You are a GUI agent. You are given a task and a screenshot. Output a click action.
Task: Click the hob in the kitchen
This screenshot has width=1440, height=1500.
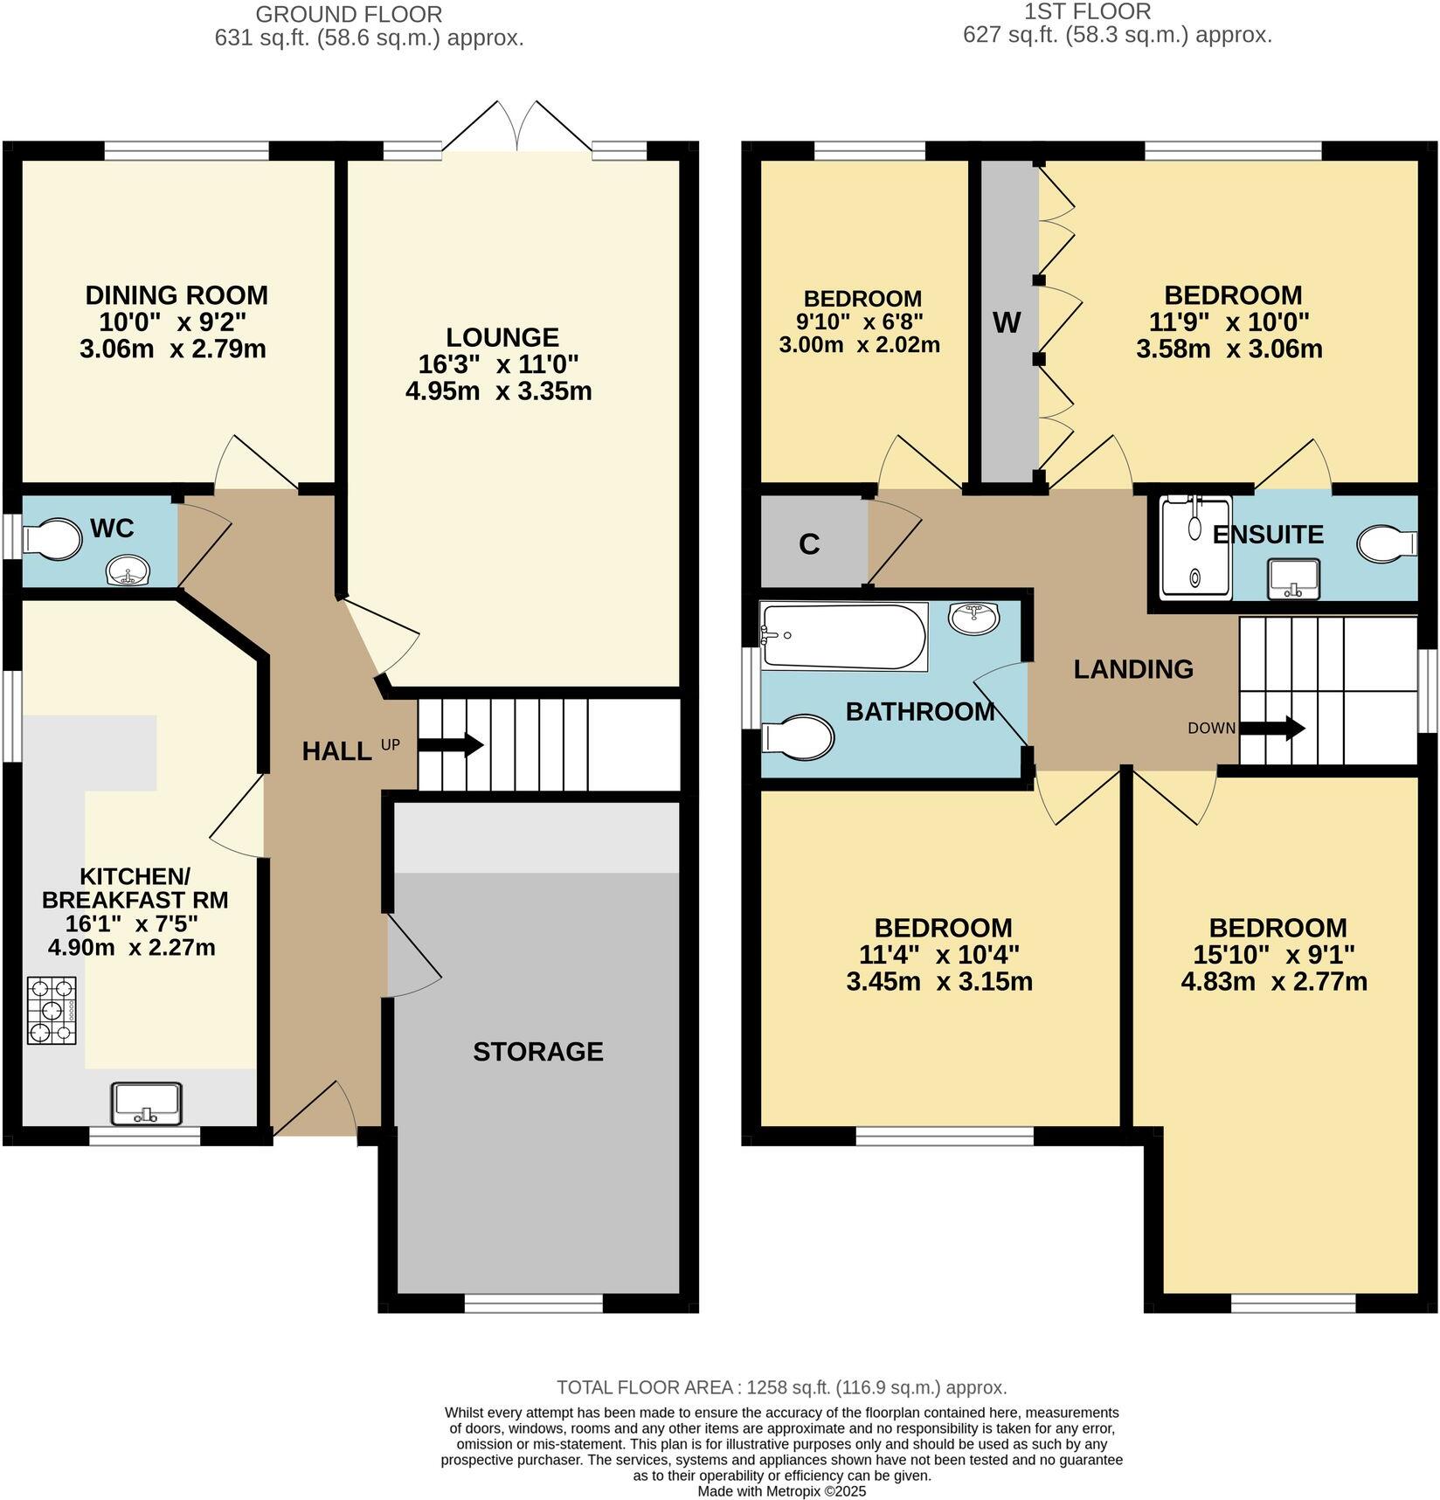coord(52,1011)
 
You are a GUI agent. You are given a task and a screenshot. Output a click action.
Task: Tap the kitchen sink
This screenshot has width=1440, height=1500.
coord(146,1103)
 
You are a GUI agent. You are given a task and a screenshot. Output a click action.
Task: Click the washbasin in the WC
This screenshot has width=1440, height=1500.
coord(130,573)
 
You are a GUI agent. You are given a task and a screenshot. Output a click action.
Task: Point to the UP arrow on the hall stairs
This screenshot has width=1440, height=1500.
coord(450,745)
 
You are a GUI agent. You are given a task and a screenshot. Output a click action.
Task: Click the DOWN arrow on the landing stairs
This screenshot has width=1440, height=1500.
coord(1271,728)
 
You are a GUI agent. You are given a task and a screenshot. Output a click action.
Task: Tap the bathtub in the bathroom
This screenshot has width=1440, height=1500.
coord(843,637)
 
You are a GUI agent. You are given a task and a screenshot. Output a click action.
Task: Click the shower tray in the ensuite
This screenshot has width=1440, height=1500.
coord(1194,548)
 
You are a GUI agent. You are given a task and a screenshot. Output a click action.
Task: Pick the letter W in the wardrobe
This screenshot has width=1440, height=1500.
coord(1007,323)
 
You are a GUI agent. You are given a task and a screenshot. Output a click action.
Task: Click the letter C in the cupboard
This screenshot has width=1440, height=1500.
coord(809,544)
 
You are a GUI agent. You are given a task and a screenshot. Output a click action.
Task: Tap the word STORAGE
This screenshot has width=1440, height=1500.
coord(537,1051)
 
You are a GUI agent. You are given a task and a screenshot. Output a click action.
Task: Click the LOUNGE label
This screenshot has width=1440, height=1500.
coord(502,337)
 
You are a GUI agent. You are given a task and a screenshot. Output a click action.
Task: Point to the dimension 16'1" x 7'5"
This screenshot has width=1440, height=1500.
coord(132,923)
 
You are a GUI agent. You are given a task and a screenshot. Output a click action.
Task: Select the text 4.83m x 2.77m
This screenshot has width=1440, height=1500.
coord(1274,981)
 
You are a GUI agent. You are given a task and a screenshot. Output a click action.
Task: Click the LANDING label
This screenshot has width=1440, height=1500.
coord(1133,669)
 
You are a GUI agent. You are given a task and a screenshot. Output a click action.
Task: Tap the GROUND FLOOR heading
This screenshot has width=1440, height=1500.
coord(348,14)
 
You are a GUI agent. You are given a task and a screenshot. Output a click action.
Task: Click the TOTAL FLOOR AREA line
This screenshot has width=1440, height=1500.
coord(781,1387)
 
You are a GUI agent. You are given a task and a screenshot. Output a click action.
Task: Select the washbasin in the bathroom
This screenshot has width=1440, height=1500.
coord(973,618)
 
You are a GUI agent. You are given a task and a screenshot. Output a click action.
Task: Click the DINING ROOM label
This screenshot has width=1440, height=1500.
coord(177,295)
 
